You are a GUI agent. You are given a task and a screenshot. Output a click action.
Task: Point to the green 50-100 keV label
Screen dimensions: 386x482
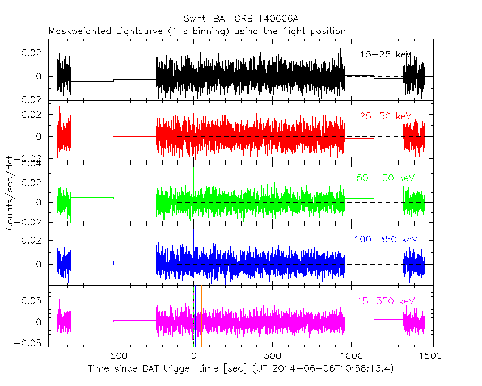click(385, 178)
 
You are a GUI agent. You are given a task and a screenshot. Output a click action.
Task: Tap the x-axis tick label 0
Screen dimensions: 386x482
click(194, 356)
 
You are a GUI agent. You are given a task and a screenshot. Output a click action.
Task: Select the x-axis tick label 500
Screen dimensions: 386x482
click(273, 356)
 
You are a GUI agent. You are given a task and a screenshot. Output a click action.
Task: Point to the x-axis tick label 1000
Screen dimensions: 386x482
click(351, 356)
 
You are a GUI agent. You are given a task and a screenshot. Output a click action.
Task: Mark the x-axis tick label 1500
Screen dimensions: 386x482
click(430, 356)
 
